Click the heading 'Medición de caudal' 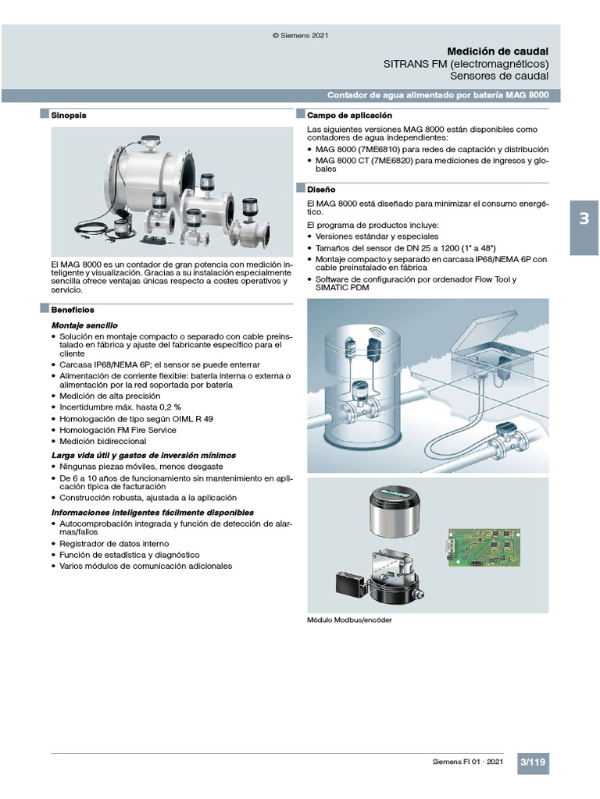pyautogui.click(x=497, y=51)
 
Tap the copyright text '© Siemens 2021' pyautogui.click(x=299, y=34)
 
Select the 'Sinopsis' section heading pyautogui.click(x=70, y=115)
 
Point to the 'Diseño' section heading pyautogui.click(x=321, y=189)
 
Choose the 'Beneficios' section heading pyautogui.click(x=73, y=309)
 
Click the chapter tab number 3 pyautogui.click(x=584, y=218)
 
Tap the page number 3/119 pyautogui.click(x=533, y=762)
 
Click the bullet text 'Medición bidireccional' pyautogui.click(x=104, y=441)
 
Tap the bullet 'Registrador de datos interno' pyautogui.click(x=113, y=543)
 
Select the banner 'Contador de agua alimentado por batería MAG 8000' pyautogui.click(x=437, y=95)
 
